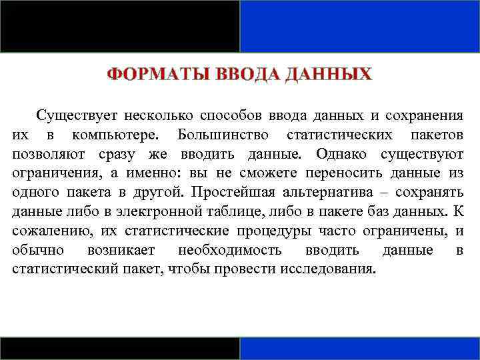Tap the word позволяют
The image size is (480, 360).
[x=45, y=154]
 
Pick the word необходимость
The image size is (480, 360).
[x=229, y=251]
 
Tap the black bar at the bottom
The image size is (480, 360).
[x=119, y=348]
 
